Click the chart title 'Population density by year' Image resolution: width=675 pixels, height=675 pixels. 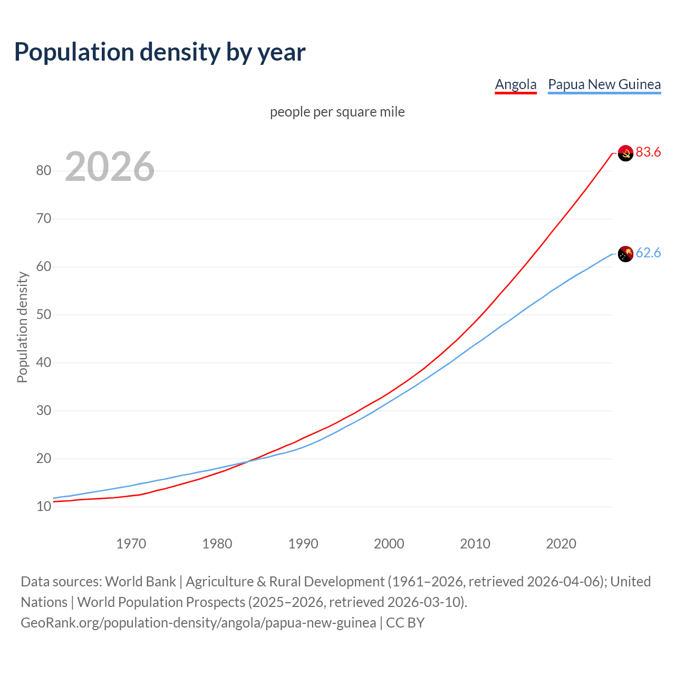point(160,52)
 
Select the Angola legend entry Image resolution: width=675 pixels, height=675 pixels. point(515,84)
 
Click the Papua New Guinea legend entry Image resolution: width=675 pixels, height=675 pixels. point(604,84)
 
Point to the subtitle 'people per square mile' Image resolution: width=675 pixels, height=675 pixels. point(337,112)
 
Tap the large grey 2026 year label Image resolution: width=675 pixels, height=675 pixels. point(110,167)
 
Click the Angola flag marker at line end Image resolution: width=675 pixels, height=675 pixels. point(625,153)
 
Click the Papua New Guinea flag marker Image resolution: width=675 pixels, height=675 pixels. point(625,254)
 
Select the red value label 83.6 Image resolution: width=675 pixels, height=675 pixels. point(648,152)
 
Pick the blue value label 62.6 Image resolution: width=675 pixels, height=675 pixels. point(648,253)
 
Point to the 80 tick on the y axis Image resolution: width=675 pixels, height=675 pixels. point(43,170)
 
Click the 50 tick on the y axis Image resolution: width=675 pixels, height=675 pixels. point(43,315)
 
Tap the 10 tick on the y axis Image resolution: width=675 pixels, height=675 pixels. point(43,507)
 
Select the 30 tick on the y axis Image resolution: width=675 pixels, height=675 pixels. point(43,411)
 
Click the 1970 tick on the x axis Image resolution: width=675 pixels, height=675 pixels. point(131,544)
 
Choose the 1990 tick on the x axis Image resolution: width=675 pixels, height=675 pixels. point(303,544)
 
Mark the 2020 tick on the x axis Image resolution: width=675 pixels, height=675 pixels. point(561,544)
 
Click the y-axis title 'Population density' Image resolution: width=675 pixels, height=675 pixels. point(22,327)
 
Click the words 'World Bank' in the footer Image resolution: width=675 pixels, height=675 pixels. point(140,582)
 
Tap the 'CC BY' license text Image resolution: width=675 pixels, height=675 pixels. point(405,623)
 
